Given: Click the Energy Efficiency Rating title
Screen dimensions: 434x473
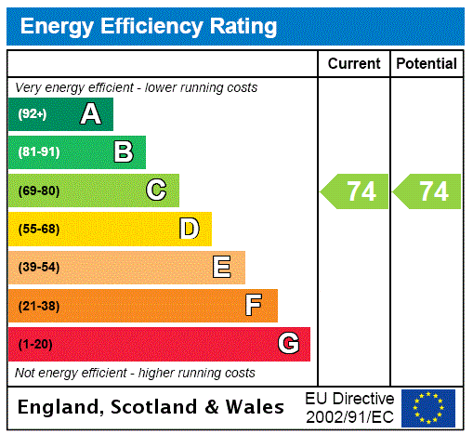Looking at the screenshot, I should point(149,26).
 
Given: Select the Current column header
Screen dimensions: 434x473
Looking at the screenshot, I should point(354,63).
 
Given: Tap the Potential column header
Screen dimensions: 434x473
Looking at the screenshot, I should point(427,63).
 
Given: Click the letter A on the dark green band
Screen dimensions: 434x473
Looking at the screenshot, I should point(90,114).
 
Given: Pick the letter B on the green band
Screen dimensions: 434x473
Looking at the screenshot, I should point(123,152).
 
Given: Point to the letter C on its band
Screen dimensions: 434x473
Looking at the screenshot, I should point(156,191).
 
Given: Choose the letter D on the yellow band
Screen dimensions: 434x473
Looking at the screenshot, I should point(189,229).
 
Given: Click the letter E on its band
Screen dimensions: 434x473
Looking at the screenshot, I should point(222,268).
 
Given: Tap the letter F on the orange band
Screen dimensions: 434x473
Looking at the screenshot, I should point(254,306).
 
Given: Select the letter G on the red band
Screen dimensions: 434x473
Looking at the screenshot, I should point(288,344).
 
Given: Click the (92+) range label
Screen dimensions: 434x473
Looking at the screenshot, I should point(33,114).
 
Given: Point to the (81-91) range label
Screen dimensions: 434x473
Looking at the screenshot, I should point(38,152).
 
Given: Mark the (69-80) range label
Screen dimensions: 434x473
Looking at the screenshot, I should point(38,191).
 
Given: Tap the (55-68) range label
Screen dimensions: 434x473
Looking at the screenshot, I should point(38,229).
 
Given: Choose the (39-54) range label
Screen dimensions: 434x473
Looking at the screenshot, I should point(38,268).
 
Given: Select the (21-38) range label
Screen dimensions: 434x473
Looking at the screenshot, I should point(38,306).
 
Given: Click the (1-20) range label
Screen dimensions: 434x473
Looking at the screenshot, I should point(35,344).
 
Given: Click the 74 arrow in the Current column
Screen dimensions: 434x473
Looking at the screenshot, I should point(356,191).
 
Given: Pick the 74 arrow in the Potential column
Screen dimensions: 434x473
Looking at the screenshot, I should point(428,191).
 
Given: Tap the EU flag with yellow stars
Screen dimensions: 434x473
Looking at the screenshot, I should point(428,407).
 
